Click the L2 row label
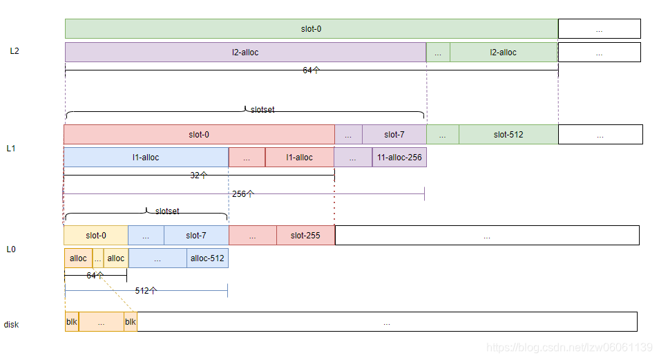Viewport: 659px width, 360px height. (15, 51)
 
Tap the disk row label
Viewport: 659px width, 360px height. (12, 324)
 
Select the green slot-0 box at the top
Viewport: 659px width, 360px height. (311, 29)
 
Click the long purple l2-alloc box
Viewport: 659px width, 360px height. (245, 53)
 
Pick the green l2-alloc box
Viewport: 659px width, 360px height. (503, 53)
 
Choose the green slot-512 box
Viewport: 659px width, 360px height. (508, 135)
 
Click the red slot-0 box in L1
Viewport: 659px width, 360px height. (199, 135)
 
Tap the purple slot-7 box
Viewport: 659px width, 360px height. (394, 135)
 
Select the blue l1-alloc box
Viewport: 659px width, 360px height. (146, 158)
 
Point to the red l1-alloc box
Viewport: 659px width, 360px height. (299, 158)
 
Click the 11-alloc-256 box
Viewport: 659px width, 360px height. (399, 158)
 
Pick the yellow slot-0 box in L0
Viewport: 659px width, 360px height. (96, 236)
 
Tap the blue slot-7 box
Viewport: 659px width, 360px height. (195, 236)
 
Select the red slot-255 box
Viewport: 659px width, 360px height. (305, 236)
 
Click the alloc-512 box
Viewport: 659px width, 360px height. (207, 258)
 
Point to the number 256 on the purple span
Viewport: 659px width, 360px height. (239, 194)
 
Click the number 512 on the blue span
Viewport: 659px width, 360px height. (142, 291)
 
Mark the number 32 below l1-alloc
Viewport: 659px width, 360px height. (195, 176)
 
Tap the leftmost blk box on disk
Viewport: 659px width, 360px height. (72, 322)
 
